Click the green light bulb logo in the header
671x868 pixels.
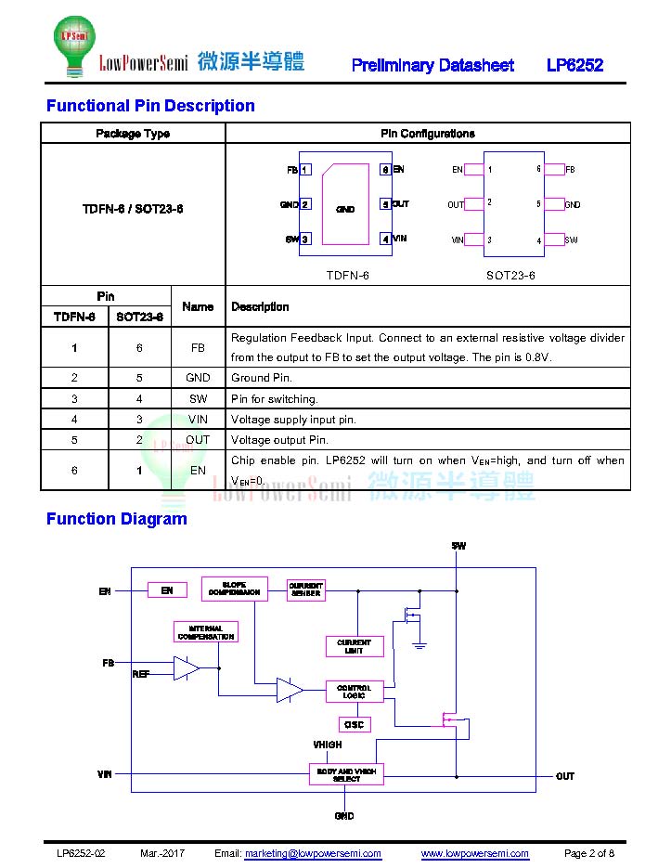tap(75, 45)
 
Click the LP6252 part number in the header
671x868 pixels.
tap(574, 65)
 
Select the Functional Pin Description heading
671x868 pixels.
tap(150, 105)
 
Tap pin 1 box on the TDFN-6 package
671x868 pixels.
tap(305, 169)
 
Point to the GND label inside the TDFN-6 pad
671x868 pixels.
tap(345, 209)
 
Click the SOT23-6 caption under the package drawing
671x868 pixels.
tap(510, 275)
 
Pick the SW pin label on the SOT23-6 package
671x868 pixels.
tap(572, 240)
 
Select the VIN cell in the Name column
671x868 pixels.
tap(198, 419)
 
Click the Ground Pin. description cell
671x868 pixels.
tap(262, 378)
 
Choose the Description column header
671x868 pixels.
tap(260, 306)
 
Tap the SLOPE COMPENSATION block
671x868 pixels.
tap(234, 589)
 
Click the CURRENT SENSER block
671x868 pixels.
tap(306, 589)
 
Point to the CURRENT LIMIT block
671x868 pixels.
tap(355, 646)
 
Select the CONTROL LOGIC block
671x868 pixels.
tap(355, 692)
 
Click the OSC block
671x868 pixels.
tap(355, 724)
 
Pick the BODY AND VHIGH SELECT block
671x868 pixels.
tap(346, 774)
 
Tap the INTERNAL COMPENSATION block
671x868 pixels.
tap(206, 632)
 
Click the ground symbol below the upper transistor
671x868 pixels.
tap(419, 645)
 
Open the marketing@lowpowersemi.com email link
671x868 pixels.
tap(313, 853)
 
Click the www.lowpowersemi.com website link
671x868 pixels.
tap(474, 853)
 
